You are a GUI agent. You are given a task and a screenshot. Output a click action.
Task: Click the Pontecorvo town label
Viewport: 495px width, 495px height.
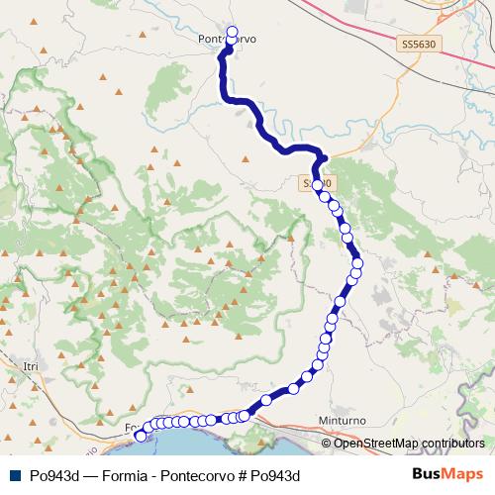pyautogui.click(x=227, y=40)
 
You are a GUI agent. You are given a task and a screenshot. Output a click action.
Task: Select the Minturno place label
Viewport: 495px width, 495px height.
pyautogui.click(x=344, y=421)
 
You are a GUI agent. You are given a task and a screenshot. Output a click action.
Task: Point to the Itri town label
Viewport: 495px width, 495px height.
pyautogui.click(x=30, y=366)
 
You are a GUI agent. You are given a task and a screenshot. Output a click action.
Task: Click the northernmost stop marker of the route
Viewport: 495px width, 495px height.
pyautogui.click(x=234, y=31)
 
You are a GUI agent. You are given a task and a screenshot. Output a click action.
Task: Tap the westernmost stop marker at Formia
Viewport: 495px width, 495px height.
pyautogui.click(x=140, y=435)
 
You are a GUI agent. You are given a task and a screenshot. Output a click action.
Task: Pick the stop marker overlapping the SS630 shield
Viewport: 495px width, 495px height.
pyautogui.click(x=317, y=185)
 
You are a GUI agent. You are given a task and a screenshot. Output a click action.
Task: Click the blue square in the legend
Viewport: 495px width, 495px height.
pyautogui.click(x=13, y=474)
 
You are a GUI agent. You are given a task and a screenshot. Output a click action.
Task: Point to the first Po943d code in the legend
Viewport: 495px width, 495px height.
pyautogui.click(x=53, y=474)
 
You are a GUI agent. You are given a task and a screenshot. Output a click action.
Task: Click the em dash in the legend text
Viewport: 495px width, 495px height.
pyautogui.click(x=86, y=474)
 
